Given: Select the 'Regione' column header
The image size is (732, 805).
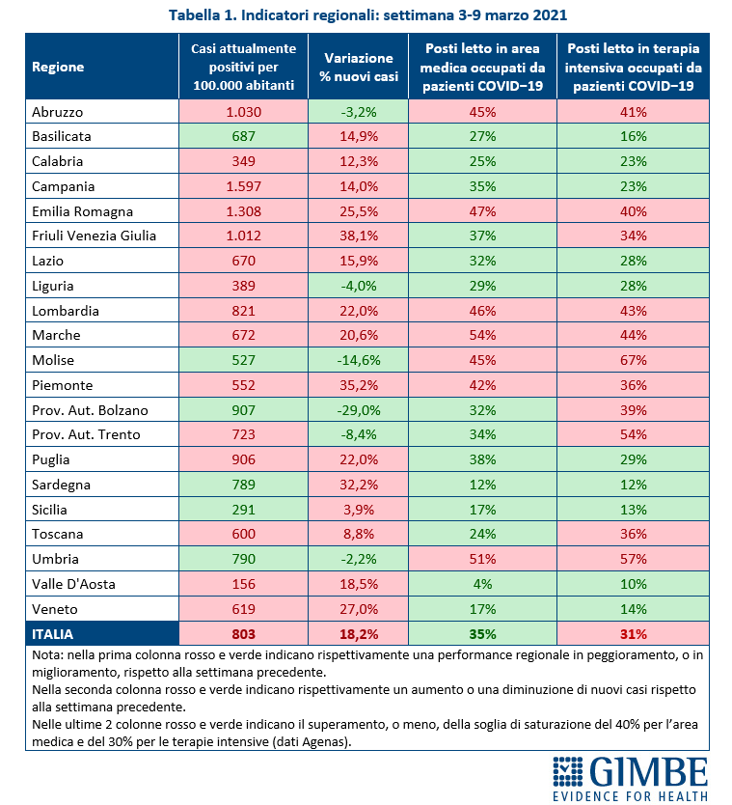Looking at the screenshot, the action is [58, 67].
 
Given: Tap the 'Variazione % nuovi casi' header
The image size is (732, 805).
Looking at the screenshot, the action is [359, 67].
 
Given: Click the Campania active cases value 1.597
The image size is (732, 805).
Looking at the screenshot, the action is [244, 186].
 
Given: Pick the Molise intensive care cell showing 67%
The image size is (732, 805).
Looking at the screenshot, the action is [633, 360].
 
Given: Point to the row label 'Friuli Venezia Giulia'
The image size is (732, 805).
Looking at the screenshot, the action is [94, 236].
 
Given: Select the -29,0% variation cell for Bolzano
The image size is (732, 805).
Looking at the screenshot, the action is [359, 410].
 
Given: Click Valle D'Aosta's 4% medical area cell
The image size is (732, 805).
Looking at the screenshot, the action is [482, 584].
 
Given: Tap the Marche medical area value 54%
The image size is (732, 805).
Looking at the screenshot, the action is [482, 335].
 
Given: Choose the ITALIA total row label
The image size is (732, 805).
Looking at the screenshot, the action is [52, 634].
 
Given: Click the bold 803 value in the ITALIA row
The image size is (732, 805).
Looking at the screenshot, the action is [244, 634].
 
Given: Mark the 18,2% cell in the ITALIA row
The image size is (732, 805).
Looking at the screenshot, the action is [359, 634].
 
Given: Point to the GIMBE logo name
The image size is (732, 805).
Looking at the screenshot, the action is [648, 771].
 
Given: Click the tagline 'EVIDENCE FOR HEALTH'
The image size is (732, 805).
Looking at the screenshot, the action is [631, 796].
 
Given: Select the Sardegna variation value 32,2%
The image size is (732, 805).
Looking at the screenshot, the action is [359, 485].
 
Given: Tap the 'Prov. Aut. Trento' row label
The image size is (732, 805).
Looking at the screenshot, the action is [86, 435].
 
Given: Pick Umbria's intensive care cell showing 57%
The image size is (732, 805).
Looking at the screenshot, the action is [633, 559].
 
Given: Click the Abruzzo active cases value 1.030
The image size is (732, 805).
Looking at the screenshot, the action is [244, 112].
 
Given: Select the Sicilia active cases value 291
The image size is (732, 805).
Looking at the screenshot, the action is [244, 510].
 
